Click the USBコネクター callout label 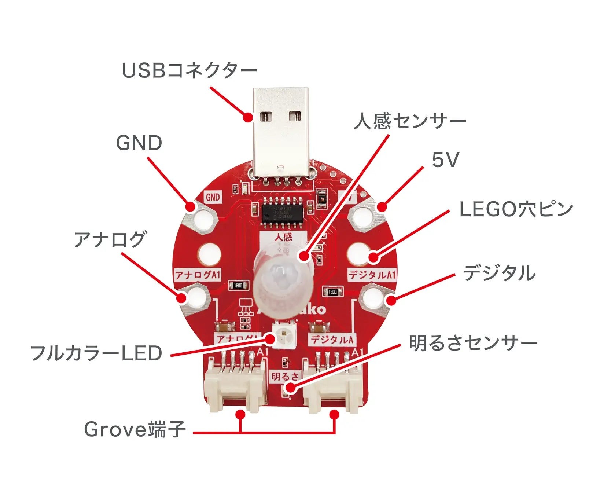point(189,70)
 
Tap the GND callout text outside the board point(139,143)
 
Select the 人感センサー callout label point(409,121)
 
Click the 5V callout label point(445,160)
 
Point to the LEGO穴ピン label point(516,209)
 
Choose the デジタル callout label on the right point(499,274)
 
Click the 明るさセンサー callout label point(473,344)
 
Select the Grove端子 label point(135,429)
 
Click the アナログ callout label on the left point(110,239)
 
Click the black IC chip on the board point(282,212)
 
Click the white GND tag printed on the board point(213,197)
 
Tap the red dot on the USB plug point(248,118)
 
